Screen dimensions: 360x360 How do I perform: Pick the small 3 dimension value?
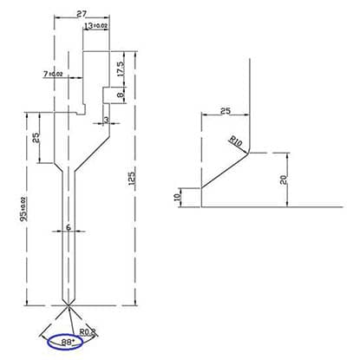coord(106,120)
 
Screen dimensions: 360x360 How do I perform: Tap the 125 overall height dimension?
coord(132,181)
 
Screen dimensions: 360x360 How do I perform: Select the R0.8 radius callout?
coord(88,331)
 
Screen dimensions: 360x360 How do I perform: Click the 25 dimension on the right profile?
coord(226,111)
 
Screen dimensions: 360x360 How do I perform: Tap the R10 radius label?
coord(236,141)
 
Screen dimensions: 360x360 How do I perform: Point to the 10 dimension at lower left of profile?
coord(179,197)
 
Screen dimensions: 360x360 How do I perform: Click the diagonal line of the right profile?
coord(223,172)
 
